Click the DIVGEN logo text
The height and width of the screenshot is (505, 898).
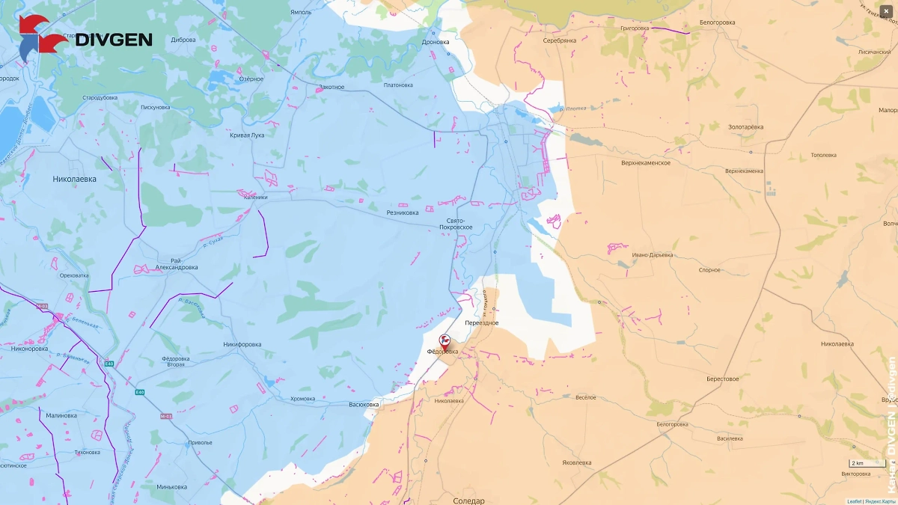click(x=114, y=40)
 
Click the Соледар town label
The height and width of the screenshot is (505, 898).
click(x=468, y=501)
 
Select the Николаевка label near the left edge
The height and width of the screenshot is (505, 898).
click(x=75, y=179)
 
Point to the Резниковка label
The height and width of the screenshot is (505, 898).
click(x=402, y=212)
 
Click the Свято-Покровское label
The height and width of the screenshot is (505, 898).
click(x=455, y=223)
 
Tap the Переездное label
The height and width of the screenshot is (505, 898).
click(x=481, y=322)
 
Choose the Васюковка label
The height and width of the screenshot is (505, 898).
click(x=364, y=405)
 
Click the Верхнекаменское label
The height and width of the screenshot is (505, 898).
click(x=645, y=162)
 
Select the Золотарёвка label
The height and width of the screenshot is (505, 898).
click(x=745, y=127)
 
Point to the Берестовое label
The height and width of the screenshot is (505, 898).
click(x=722, y=379)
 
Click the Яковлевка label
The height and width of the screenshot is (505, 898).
click(x=576, y=462)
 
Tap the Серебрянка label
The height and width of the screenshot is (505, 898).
click(x=559, y=40)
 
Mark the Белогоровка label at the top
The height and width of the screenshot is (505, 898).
click(x=716, y=22)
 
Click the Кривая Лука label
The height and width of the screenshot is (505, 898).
click(x=246, y=135)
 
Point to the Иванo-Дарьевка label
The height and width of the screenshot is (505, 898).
click(x=652, y=255)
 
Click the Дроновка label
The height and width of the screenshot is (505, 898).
click(x=436, y=42)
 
